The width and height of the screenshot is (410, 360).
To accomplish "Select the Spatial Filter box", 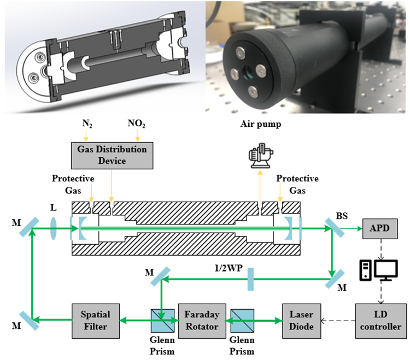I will point(95,321).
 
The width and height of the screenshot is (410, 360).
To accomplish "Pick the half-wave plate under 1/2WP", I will point(250,279).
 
